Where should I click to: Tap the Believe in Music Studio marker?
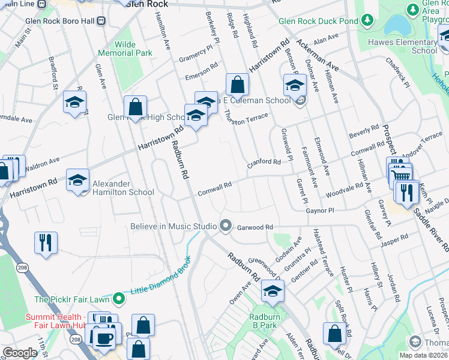[x=226, y=226]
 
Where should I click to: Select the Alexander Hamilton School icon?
[x=77, y=181]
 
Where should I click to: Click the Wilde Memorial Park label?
[x=125, y=49]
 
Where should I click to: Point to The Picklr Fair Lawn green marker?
[x=119, y=299]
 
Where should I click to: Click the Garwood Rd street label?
[x=255, y=227]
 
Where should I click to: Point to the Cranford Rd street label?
[x=265, y=163]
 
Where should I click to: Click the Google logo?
[x=20, y=353]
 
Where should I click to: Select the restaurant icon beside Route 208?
[x=46, y=243]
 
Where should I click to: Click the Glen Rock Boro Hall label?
[x=60, y=20]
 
